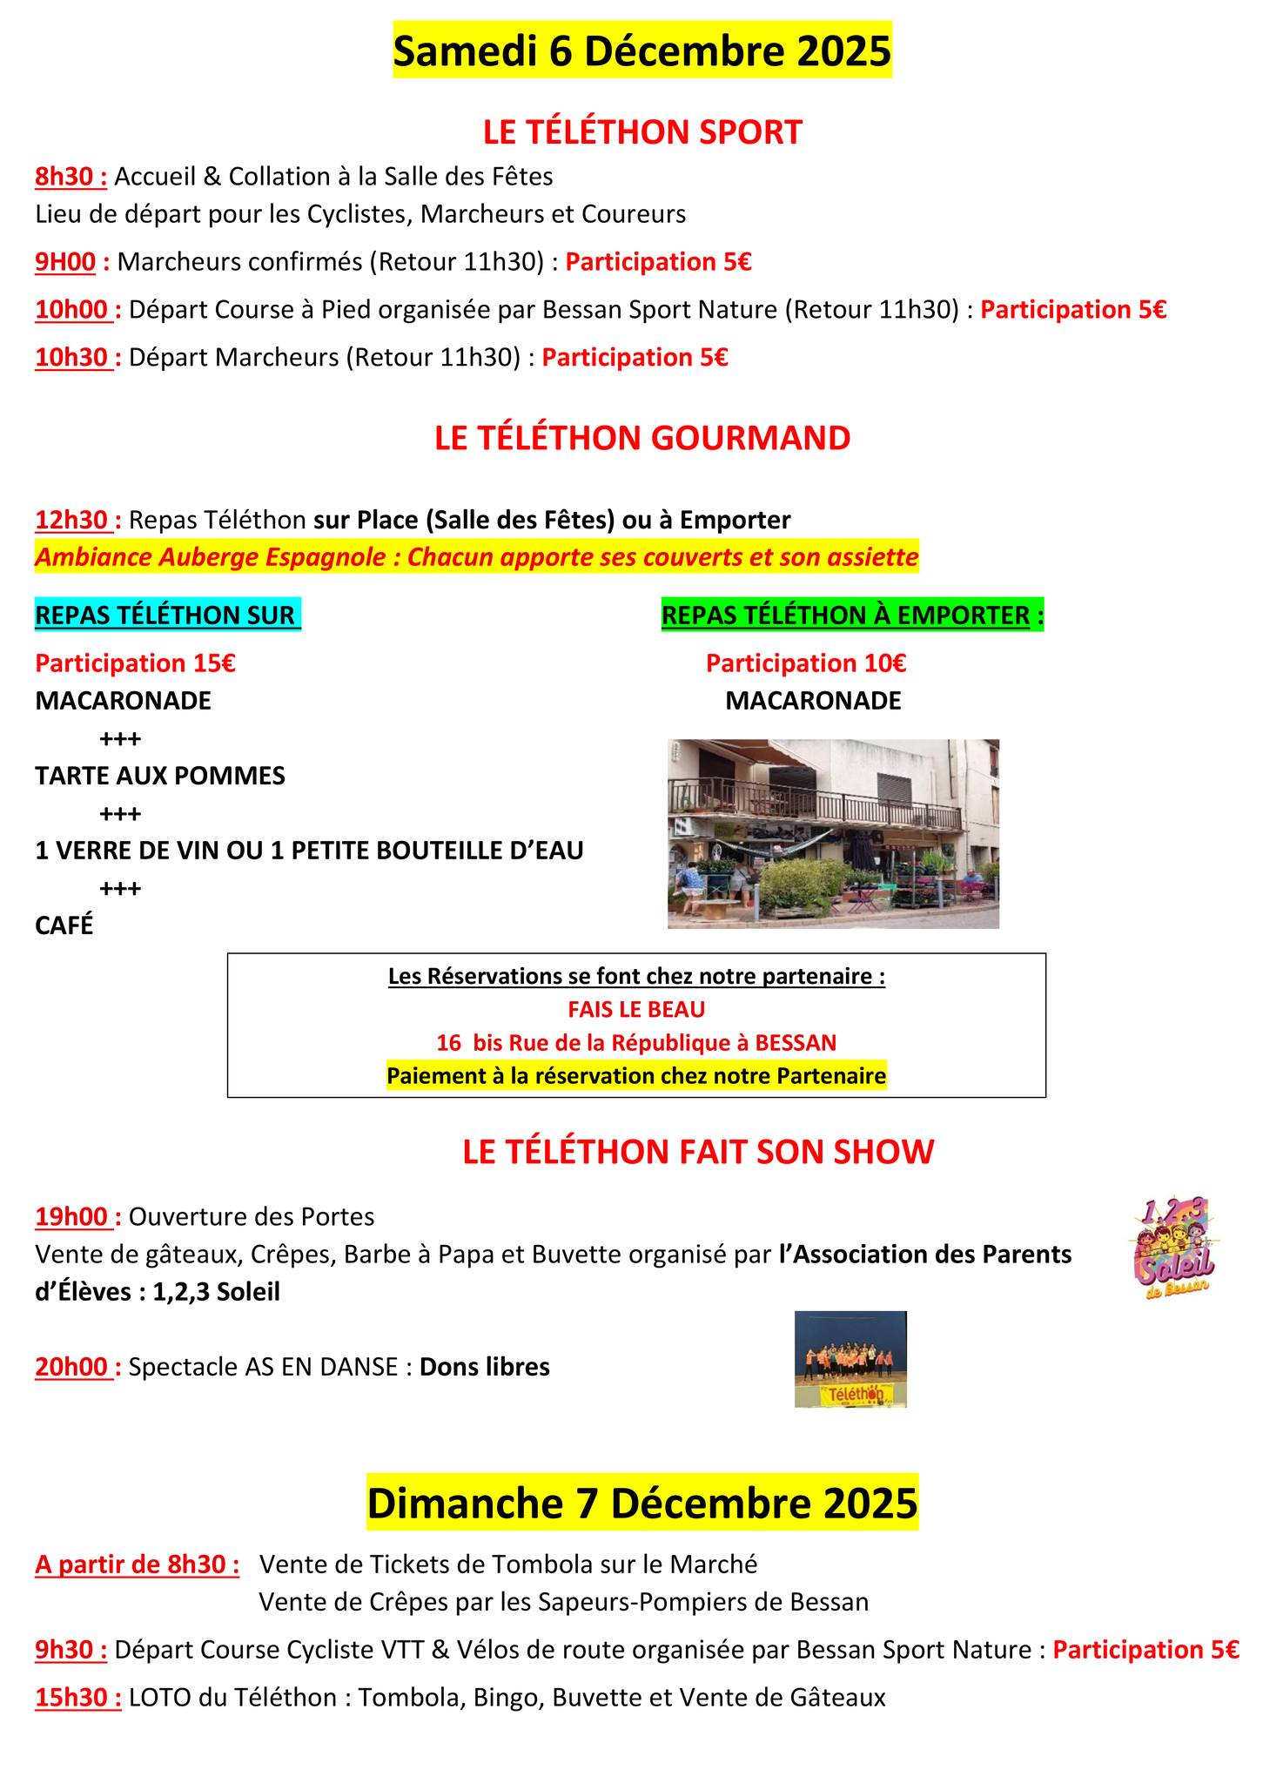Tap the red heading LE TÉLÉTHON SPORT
tap(641, 132)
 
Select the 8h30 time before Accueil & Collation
tap(71, 177)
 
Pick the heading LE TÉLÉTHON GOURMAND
tap(641, 438)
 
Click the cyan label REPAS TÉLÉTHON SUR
tap(167, 616)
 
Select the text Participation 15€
tap(135, 663)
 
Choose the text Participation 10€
tap(805, 663)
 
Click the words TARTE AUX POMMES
tap(160, 776)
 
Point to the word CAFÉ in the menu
tap(64, 925)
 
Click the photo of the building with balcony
tap(832, 833)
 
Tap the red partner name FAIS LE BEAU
tap(636, 1010)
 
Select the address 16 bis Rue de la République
tap(636, 1043)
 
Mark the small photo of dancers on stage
tap(850, 1359)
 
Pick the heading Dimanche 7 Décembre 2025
tap(641, 1504)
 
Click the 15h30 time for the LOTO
tap(77, 1698)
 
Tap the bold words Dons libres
tap(485, 1368)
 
